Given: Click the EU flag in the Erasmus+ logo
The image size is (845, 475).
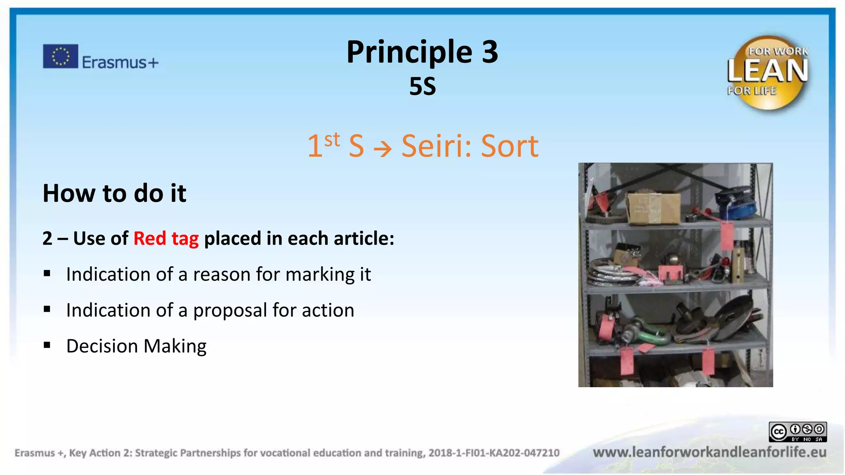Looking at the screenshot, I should [x=60, y=56].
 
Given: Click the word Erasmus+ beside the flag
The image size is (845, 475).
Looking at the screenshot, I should [x=120, y=63].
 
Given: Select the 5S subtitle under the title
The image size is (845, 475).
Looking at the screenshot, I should [x=422, y=87].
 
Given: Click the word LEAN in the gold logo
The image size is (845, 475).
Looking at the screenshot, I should [x=767, y=71].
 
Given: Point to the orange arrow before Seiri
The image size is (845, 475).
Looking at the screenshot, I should [x=382, y=148].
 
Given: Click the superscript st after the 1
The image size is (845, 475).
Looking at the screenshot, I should [x=332, y=140].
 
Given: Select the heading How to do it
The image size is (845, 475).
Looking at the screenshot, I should [x=114, y=193].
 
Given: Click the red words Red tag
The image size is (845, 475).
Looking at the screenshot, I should [x=166, y=238].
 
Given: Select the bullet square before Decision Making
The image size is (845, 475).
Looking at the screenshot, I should [x=47, y=345].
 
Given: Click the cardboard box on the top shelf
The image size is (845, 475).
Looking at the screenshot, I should [x=653, y=207].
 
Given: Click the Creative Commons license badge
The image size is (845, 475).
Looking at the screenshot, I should [x=797, y=432].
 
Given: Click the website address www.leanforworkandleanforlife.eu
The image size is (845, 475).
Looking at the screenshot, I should [x=709, y=452].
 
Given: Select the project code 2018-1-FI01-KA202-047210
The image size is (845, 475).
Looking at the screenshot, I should [x=493, y=453].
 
